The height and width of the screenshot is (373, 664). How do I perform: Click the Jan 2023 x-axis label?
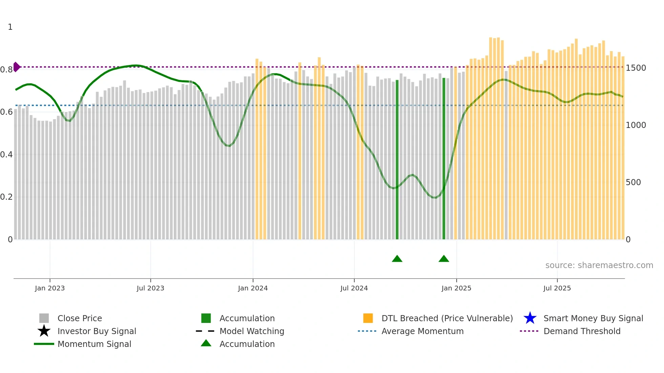pyautogui.click(x=50, y=288)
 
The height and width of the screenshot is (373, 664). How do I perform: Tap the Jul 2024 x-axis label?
pyautogui.click(x=354, y=288)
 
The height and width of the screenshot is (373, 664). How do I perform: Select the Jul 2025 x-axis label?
pyautogui.click(x=557, y=288)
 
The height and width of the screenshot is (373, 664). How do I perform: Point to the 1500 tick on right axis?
pyautogui.click(x=636, y=68)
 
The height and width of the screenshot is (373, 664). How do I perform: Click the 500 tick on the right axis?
pyautogui.click(x=633, y=182)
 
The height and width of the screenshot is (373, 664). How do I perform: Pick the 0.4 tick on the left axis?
pyautogui.click(x=6, y=155)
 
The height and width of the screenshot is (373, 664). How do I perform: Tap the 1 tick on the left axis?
pyautogui.click(x=10, y=27)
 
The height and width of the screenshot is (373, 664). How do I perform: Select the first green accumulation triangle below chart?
pyautogui.click(x=397, y=259)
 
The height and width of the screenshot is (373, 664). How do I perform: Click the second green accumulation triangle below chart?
pyautogui.click(x=444, y=259)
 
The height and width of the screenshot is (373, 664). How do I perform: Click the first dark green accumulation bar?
pyautogui.click(x=397, y=159)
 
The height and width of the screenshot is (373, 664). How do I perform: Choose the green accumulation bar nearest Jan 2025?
pyautogui.click(x=444, y=159)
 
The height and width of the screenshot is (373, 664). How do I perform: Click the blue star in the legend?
pyautogui.click(x=530, y=318)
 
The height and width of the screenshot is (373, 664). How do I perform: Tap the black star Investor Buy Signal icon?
pyautogui.click(x=44, y=331)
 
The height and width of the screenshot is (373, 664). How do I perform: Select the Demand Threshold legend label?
pyautogui.click(x=582, y=331)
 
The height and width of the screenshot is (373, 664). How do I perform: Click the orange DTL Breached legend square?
pyautogui.click(x=368, y=318)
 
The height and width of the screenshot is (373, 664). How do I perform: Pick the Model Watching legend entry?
pyautogui.click(x=252, y=331)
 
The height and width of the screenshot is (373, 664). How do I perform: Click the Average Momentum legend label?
pyautogui.click(x=422, y=331)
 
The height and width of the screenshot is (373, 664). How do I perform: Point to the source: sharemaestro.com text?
pyautogui.click(x=599, y=265)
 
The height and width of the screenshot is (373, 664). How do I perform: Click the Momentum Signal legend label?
pyautogui.click(x=94, y=344)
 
